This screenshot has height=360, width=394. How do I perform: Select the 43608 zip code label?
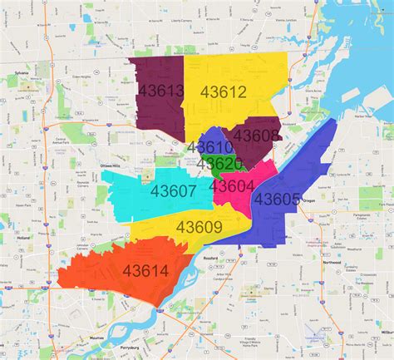point(256,135)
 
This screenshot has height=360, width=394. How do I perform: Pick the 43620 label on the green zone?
point(220,164)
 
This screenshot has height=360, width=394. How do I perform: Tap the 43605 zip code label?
point(277,199)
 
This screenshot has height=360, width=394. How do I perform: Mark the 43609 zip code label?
point(199,227)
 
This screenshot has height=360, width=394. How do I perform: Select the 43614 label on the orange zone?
point(145,270)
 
